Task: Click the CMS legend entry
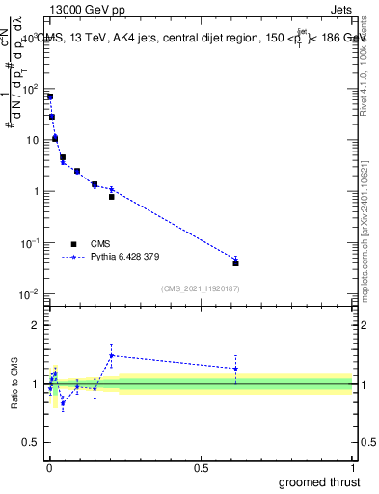101,244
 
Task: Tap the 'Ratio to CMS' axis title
15,385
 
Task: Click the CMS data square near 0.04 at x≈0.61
235,262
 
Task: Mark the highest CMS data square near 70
50,96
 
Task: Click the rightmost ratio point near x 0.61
235,369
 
